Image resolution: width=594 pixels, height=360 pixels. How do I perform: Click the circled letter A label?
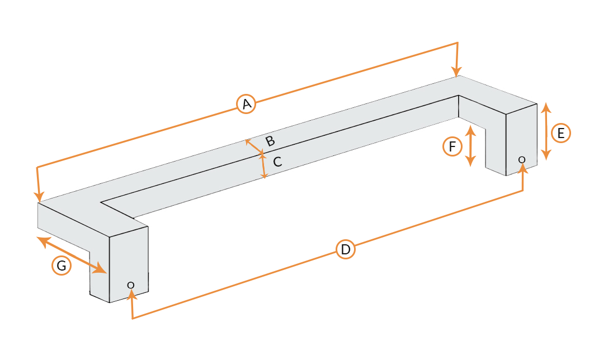click(x=246, y=104)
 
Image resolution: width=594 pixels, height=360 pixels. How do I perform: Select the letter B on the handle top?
click(x=270, y=141)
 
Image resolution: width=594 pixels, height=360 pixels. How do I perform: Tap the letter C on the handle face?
click(x=277, y=162)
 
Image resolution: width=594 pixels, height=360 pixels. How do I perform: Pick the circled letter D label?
click(x=346, y=249)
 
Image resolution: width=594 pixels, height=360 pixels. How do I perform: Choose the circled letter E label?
click(x=561, y=133)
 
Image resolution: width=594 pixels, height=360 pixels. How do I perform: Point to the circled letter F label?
click(x=452, y=146)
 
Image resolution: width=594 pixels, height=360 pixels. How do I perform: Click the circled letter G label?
click(x=62, y=266)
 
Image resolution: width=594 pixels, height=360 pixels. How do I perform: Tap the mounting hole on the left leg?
click(x=131, y=285)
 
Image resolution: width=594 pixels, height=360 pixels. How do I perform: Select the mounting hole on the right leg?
click(x=522, y=160)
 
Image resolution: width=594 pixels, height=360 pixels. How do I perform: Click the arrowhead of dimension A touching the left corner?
click(x=38, y=197)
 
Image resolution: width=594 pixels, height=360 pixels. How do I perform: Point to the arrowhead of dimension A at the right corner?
click(x=456, y=71)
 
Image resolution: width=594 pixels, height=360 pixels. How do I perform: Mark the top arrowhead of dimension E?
click(x=546, y=108)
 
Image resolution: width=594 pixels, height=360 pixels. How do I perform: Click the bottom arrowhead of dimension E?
click(x=546, y=155)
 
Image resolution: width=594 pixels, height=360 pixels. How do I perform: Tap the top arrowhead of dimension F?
click(x=470, y=131)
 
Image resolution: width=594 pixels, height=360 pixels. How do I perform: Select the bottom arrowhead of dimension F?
click(x=470, y=161)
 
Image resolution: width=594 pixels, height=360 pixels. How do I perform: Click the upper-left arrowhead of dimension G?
click(x=43, y=241)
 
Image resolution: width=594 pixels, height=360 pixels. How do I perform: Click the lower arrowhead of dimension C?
click(x=265, y=176)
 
